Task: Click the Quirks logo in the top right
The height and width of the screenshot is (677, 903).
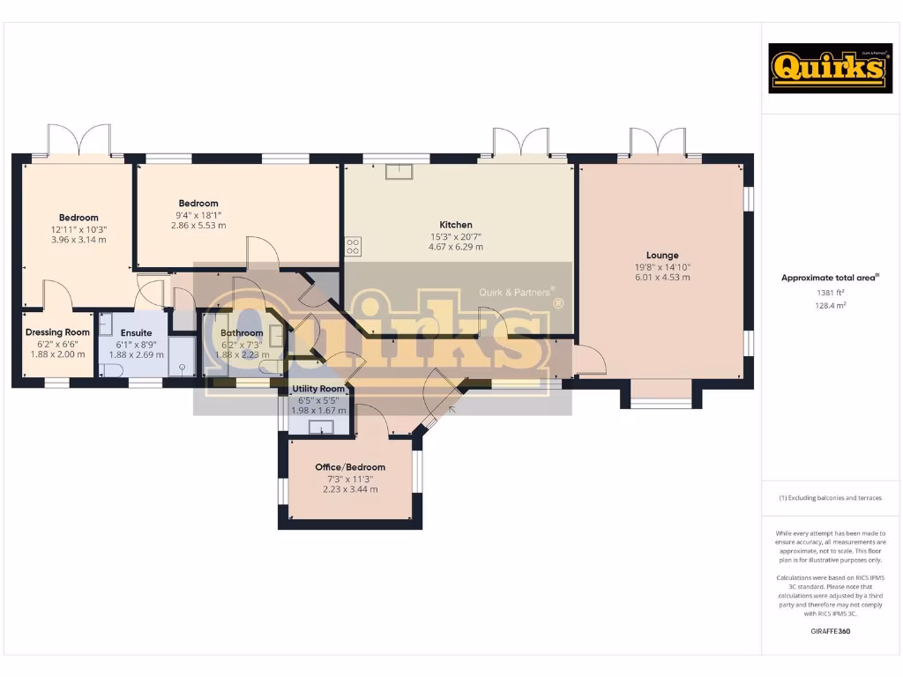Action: pos(818,69)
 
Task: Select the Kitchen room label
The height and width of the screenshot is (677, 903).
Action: pos(456,225)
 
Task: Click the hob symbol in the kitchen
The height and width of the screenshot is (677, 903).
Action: pos(353,247)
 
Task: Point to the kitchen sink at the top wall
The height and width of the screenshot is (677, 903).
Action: pos(399,171)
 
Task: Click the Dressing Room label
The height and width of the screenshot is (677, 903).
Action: pos(58,332)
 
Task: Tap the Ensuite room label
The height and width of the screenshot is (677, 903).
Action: pos(137,332)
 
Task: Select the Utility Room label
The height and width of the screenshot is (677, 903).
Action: pos(318,389)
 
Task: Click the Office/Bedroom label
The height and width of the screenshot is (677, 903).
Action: pos(350,467)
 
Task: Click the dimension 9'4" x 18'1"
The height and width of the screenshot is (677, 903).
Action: pos(198,214)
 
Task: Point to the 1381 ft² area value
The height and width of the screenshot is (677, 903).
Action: pos(830,293)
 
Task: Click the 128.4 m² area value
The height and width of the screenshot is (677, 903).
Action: pos(830,305)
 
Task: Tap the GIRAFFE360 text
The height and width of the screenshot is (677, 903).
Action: pos(830,631)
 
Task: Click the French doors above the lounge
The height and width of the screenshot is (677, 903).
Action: pos(658,142)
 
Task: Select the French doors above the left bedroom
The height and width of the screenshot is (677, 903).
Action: pos(79,139)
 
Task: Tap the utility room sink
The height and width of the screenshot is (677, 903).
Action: pos(322,428)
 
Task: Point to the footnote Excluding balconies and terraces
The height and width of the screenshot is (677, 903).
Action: pos(830,498)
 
